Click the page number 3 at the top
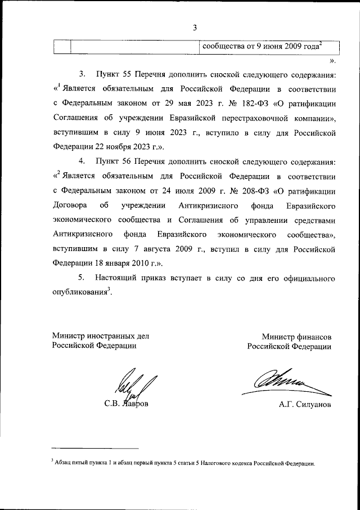point(195,28)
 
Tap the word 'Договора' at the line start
point(69,206)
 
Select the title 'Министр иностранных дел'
point(101,336)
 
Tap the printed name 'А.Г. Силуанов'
point(304,404)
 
